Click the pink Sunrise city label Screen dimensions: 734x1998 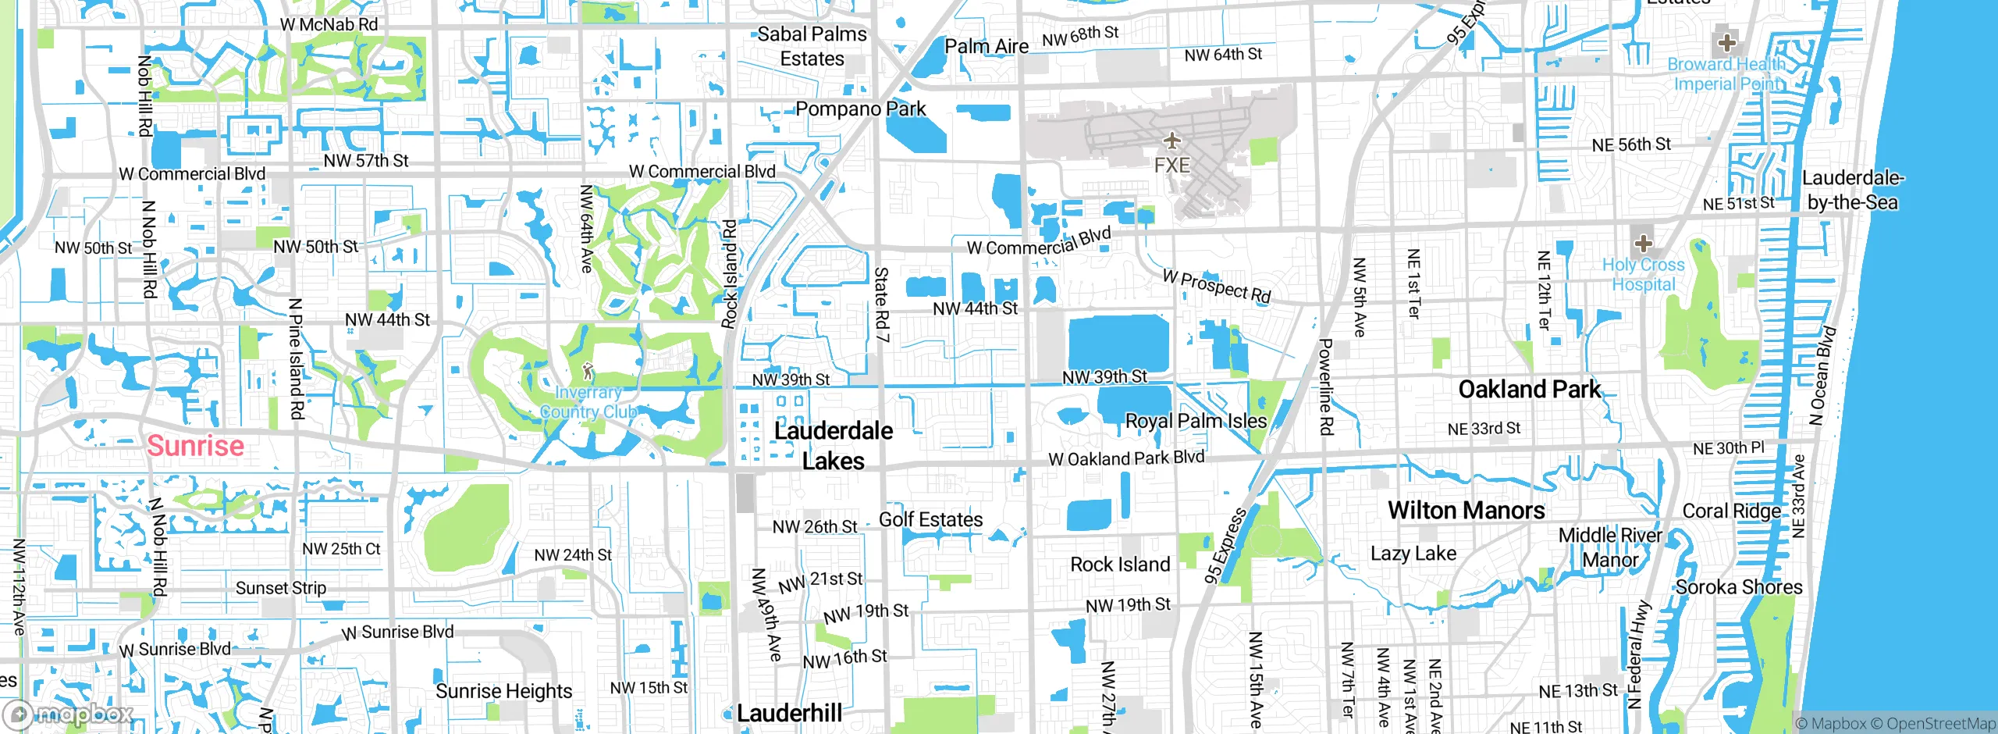pos(195,446)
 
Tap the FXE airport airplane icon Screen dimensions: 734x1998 pos(1171,141)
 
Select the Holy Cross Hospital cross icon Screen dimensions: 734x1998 pos(1643,242)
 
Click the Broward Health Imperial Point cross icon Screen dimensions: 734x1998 pos(1726,42)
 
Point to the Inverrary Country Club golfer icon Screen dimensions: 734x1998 pos(588,371)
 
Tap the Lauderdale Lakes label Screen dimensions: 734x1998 pos(833,446)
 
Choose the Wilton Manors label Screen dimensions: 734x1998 pos(1466,511)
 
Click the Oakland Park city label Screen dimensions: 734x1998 pos(1529,389)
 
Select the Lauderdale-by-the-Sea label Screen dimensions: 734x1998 pos(1852,190)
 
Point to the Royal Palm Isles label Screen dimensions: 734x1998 pos(1196,421)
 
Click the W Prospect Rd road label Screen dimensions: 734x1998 pos(1217,286)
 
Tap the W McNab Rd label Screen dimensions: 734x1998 pos(329,25)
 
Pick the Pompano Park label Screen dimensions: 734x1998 pos(860,109)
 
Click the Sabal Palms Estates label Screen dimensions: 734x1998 pos(812,46)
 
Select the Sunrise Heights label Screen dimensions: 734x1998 pos(503,691)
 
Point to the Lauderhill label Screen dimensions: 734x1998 pos(789,713)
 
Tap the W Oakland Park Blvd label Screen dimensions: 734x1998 pos(1126,458)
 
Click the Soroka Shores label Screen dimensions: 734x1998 pos(1739,587)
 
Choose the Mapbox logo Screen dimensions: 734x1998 pos(69,714)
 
